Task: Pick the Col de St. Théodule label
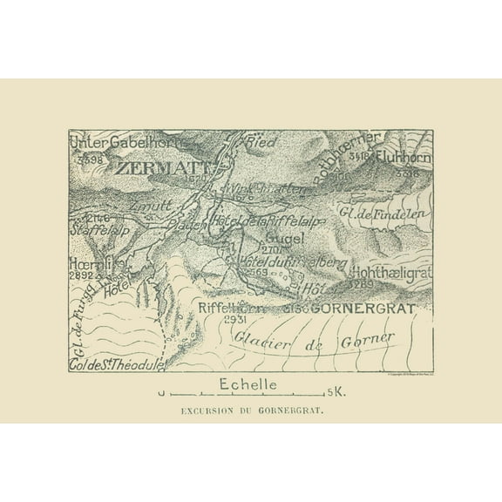115,366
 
